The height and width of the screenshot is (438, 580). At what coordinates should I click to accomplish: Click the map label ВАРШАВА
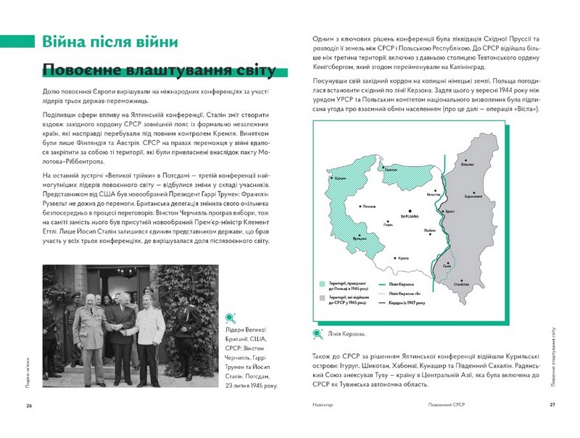[410, 217]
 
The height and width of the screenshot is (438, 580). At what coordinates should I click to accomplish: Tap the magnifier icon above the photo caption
[231, 316]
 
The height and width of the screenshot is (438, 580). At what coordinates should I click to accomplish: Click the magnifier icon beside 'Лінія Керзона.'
[317, 334]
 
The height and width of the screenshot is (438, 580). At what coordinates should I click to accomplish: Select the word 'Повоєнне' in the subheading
[80, 70]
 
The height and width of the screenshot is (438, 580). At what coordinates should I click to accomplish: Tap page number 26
[29, 405]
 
